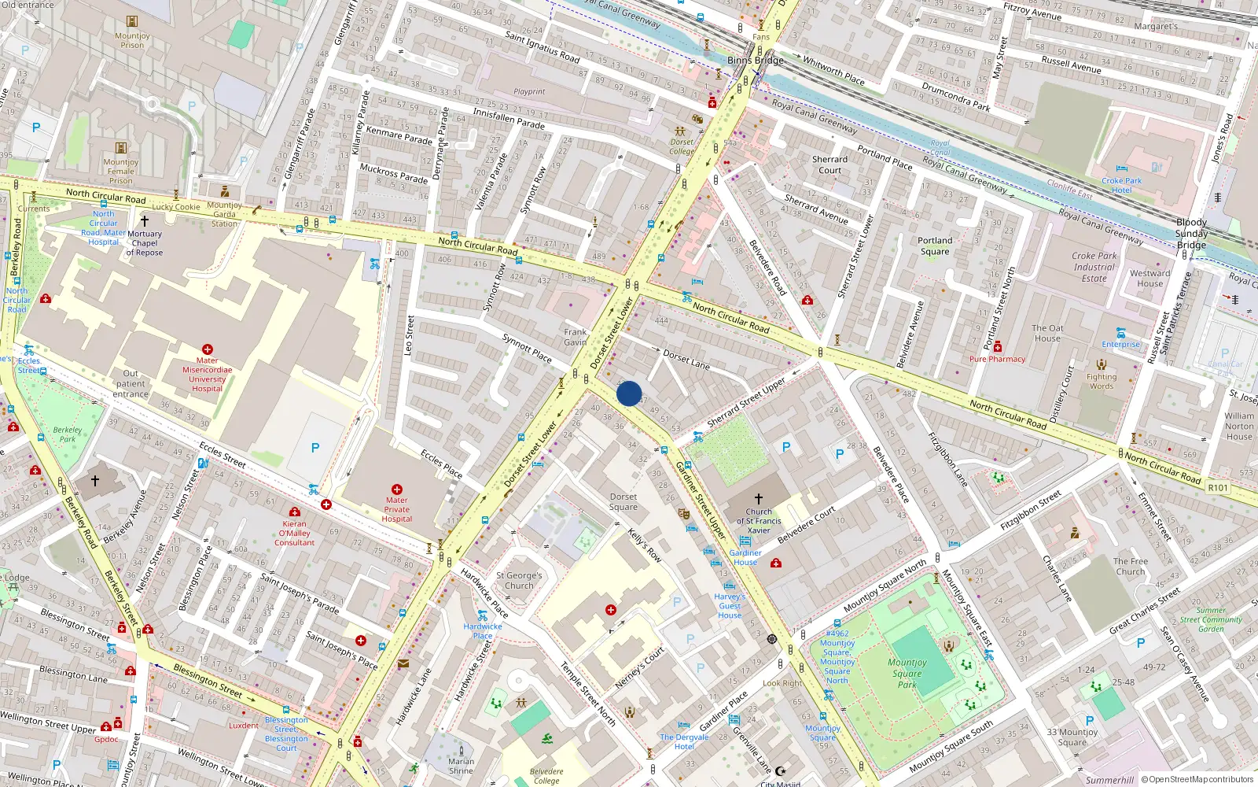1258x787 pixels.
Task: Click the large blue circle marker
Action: click(x=629, y=393)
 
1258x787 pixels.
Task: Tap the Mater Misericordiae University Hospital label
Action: click(x=208, y=375)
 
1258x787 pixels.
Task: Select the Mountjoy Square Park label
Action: click(x=907, y=674)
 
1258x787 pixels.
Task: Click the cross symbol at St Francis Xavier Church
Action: click(x=758, y=499)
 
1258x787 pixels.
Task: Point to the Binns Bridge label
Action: click(x=756, y=61)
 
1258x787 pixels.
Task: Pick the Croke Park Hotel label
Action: click(x=1121, y=186)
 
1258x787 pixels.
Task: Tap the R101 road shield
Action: click(x=1218, y=488)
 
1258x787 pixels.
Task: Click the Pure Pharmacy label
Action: click(x=997, y=359)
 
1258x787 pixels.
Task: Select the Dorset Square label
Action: click(x=623, y=502)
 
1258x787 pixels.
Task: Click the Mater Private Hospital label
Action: click(x=396, y=509)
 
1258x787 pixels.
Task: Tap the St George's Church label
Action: click(x=519, y=581)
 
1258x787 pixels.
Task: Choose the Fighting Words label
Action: click(x=1102, y=382)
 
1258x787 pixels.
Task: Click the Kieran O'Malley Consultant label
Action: click(x=295, y=533)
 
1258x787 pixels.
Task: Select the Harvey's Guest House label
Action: click(x=730, y=606)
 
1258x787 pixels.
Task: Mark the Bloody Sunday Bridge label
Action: click(x=1191, y=234)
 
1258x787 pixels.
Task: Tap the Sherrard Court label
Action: click(x=829, y=164)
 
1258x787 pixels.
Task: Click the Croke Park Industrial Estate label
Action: click(x=1094, y=267)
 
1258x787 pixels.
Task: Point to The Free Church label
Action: click(x=1131, y=567)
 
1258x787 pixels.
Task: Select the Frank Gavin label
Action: click(x=575, y=337)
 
